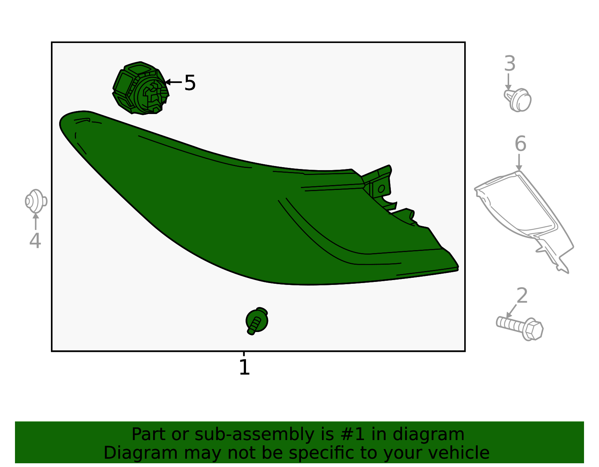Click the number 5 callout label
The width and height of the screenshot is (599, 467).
(190, 83)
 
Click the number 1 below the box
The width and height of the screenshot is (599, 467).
(244, 368)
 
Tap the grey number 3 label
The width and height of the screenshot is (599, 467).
(510, 63)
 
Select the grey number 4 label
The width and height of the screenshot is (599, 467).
(35, 240)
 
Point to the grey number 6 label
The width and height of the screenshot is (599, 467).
(520, 144)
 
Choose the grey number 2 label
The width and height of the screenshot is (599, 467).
(522, 295)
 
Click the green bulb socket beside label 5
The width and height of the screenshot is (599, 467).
(141, 88)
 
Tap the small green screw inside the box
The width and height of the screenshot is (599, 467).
(257, 321)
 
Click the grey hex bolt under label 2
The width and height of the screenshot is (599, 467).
(520, 329)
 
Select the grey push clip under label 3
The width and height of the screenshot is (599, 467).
(518, 99)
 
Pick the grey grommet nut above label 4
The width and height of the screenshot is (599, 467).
(36, 201)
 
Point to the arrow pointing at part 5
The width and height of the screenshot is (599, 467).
(173, 82)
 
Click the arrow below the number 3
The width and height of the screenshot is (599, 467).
(508, 82)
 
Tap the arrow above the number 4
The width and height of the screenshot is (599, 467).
(36, 221)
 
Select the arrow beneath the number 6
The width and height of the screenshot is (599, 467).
(519, 162)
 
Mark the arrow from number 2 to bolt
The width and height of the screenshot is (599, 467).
(512, 311)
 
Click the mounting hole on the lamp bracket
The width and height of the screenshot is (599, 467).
(381, 188)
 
